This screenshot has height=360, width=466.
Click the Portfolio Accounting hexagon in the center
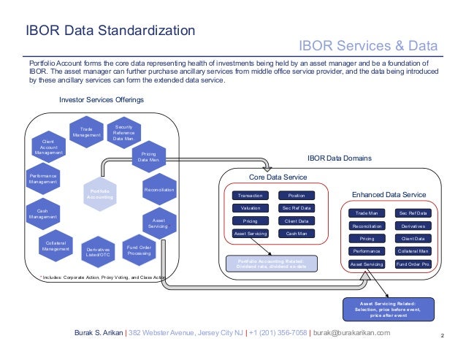tap(99, 194)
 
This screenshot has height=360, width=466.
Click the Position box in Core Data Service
tap(297, 196)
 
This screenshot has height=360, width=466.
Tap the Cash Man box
tap(297, 234)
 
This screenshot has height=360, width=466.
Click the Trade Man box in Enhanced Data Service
tap(367, 213)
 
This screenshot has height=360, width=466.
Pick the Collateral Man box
tap(413, 250)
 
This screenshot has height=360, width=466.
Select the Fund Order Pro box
tap(413, 264)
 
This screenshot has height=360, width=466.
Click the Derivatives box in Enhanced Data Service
tap(413, 226)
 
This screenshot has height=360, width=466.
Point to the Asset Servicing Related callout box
tap(388, 308)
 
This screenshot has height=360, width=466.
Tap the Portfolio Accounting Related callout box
tap(270, 263)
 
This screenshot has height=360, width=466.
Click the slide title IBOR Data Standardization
tap(110, 31)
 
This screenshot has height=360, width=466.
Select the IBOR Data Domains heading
tap(339, 158)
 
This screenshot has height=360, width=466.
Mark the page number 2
tap(443, 335)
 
